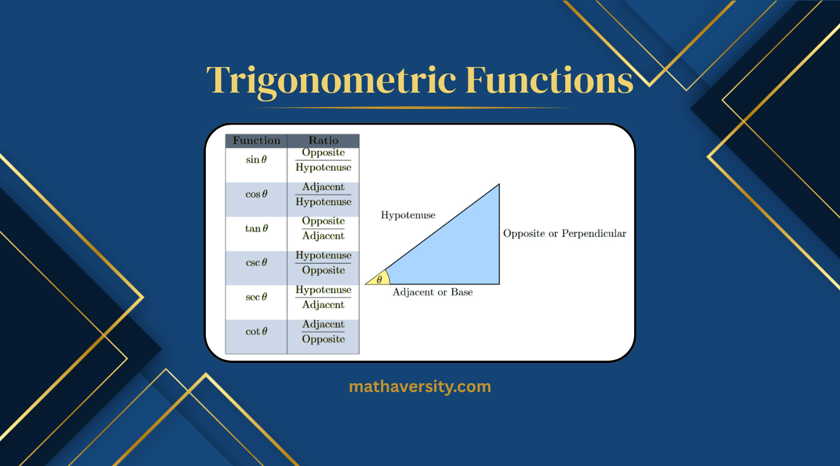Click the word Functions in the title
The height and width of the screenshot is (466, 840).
point(549,80)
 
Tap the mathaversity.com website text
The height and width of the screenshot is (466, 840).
point(419,386)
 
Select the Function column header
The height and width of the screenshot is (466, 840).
point(256,141)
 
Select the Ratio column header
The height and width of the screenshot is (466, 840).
point(323,141)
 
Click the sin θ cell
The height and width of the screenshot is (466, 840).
point(256,160)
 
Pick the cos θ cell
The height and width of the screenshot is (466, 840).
point(256,195)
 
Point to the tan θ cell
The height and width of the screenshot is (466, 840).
point(256,228)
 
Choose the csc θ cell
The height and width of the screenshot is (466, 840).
point(256,263)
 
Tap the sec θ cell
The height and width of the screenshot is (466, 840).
point(256,297)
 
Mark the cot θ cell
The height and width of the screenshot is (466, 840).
point(256,331)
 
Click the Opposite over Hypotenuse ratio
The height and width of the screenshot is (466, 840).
point(323,160)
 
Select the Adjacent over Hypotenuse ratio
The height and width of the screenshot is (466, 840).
point(323,195)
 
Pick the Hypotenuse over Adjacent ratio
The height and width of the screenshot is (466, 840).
point(323,297)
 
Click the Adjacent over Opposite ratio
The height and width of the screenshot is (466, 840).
point(323,332)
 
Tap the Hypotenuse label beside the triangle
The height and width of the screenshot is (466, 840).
point(408,216)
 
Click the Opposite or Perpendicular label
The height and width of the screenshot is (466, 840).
point(564,234)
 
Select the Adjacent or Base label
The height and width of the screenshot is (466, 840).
point(432,292)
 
